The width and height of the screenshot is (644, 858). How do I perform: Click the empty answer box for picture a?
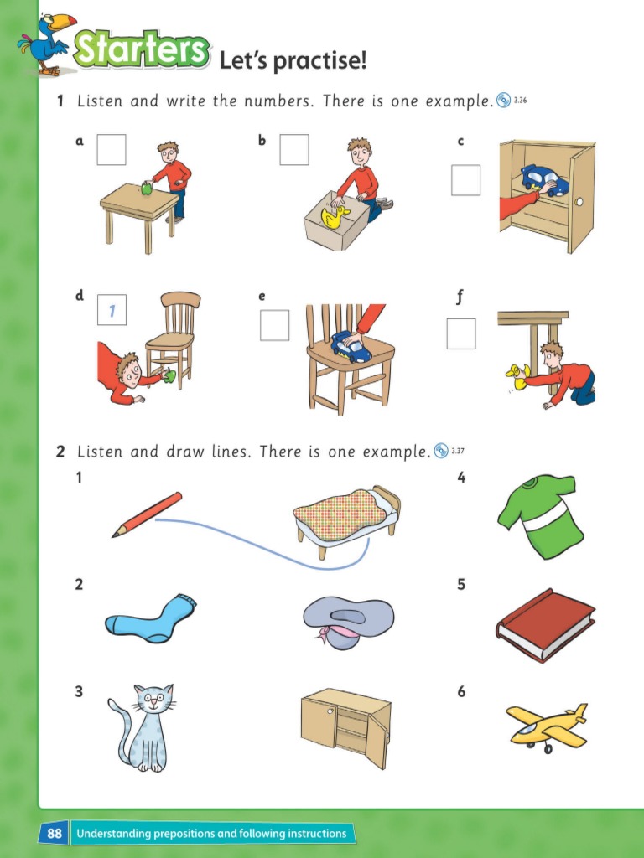tap(112, 150)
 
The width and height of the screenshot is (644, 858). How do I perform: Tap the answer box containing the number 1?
tap(112, 309)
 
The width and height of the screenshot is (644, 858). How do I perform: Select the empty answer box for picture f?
tap(460, 333)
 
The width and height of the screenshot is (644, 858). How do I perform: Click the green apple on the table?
tap(147, 189)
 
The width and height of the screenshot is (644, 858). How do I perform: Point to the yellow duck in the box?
tap(335, 217)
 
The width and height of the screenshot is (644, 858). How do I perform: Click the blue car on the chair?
tap(351, 345)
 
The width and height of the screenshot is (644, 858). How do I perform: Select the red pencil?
tap(148, 514)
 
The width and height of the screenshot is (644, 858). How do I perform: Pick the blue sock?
tap(151, 619)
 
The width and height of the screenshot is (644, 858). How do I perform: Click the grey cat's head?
tap(153, 700)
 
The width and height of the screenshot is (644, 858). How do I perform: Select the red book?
tap(545, 624)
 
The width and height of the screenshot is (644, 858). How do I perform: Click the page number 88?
tap(55, 833)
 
